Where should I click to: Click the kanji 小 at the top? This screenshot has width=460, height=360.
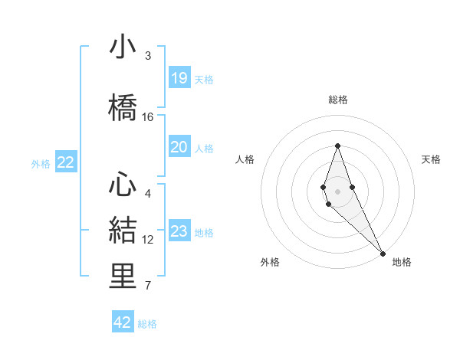[123, 47]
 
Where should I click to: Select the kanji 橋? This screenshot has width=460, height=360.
[123, 107]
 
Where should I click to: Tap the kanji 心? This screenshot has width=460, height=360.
[123, 184]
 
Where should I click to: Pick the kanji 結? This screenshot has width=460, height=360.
[123, 230]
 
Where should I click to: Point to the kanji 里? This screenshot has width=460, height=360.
[123, 277]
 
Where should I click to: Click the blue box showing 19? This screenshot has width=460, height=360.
[179, 78]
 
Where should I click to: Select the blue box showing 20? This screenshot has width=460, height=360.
[179, 147]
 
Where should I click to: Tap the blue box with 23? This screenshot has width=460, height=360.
[179, 232]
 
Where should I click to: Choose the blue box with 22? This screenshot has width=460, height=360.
[66, 162]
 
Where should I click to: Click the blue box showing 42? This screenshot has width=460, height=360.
[123, 322]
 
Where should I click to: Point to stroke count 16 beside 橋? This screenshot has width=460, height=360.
[148, 117]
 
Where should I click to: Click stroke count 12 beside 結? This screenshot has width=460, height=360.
[148, 240]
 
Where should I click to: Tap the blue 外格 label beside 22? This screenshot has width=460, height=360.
[41, 163]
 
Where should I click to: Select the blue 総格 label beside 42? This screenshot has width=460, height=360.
[147, 323]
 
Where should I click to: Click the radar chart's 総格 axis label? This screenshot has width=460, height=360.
[337, 100]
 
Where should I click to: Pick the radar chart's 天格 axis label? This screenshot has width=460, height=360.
[431, 159]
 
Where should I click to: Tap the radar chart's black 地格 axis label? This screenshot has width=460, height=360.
[402, 262]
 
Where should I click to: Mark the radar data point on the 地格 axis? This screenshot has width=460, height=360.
[382, 252]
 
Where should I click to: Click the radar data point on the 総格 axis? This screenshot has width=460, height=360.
[337, 146]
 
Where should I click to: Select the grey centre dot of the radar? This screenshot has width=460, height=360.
[337, 191]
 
